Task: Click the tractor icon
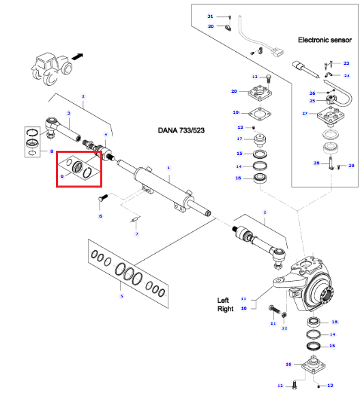coord(52,69)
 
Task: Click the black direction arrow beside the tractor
coord(78,57)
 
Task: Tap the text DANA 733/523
coord(181,130)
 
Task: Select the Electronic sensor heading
coord(325,40)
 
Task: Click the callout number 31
coord(210,16)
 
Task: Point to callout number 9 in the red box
coord(62,176)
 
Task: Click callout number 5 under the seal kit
coord(121,296)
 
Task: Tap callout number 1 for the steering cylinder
coord(168,168)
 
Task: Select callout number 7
coord(137,234)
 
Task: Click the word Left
coord(223,300)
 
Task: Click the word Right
coord(226,309)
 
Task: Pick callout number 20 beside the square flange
coord(234,91)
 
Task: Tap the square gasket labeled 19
coord(260,113)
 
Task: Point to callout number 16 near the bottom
coord(288,364)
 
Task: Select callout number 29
coord(351,166)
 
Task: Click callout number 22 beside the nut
coord(284,328)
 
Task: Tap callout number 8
coord(52,151)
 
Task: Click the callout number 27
coord(305,113)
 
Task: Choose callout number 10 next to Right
coord(243,308)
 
